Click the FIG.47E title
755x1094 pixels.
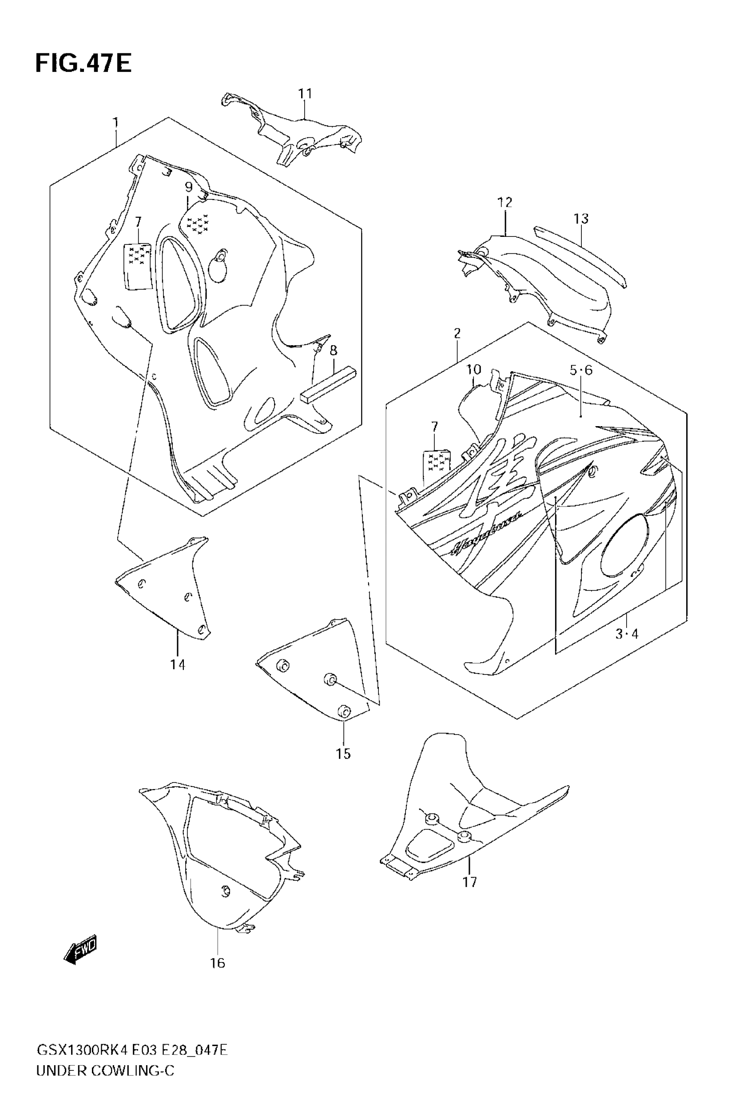coord(83,64)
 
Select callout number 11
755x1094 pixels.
coord(305,94)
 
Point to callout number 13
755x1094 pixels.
coord(581,219)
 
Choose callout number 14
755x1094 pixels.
coord(178,664)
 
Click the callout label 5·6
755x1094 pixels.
coord(581,370)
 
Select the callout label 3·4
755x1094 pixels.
coord(627,634)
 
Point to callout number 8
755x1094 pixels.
coord(334,351)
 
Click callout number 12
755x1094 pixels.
coord(505,203)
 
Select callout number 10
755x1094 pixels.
coord(473,370)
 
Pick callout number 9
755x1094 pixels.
coord(188,187)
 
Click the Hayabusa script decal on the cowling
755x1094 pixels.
coord(487,532)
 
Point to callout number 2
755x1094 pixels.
coord(457,333)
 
